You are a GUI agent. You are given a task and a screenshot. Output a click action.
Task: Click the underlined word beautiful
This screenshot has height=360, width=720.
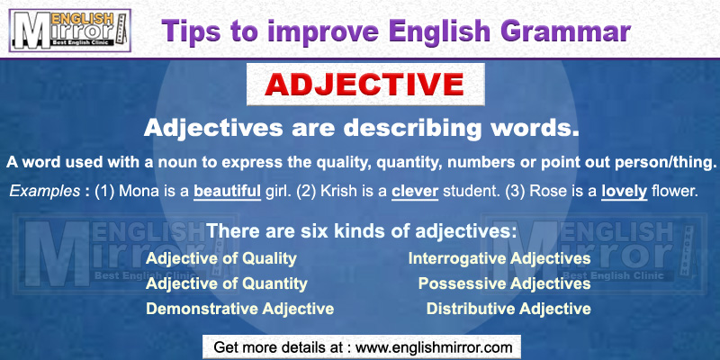(229, 191)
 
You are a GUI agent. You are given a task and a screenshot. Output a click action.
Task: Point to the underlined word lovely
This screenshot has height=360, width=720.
(624, 191)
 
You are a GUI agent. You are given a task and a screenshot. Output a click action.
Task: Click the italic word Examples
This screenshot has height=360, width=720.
(44, 191)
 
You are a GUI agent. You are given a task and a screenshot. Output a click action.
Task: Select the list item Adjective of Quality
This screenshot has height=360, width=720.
(221, 259)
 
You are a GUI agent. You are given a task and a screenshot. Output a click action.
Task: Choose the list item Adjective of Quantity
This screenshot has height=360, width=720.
(227, 284)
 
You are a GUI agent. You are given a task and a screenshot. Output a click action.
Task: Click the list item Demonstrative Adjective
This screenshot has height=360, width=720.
(240, 310)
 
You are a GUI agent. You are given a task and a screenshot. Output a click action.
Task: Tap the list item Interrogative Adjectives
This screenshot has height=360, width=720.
(499, 259)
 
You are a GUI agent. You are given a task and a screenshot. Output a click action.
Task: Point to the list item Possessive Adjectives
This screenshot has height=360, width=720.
(504, 284)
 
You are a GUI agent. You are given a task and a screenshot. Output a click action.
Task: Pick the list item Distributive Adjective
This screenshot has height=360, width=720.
(508, 310)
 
